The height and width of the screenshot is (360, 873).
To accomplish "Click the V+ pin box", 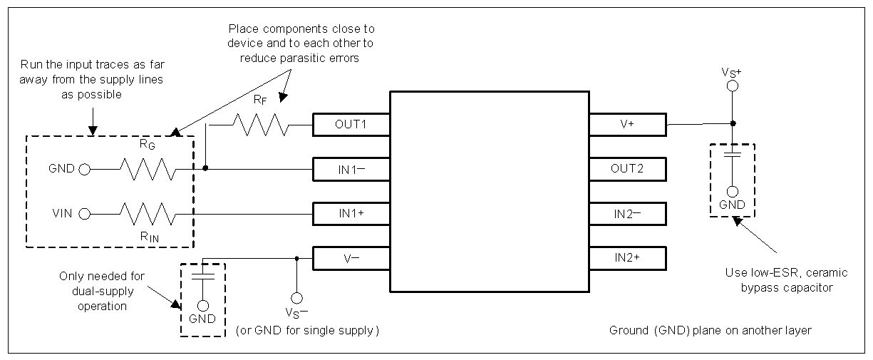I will (x=627, y=124).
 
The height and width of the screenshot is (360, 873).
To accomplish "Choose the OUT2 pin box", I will (x=627, y=169).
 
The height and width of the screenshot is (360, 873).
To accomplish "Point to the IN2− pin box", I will (x=627, y=213).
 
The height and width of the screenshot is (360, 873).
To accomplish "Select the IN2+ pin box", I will (x=627, y=257).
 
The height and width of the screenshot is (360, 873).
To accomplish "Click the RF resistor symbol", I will (x=262, y=125).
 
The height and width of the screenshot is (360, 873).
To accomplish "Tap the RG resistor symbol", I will (x=147, y=169).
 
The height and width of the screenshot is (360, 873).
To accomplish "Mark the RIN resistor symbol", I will (x=147, y=213).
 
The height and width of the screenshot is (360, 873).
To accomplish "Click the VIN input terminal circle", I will (x=85, y=213).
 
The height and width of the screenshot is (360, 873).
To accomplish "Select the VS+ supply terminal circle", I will (x=732, y=87).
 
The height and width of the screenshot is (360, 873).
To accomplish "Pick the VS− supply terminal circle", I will (x=296, y=297).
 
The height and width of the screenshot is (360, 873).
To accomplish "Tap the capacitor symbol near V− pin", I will (x=202, y=275).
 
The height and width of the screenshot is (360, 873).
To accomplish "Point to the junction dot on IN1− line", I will (x=205, y=169).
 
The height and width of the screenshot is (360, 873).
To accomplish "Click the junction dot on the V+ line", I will (x=732, y=124).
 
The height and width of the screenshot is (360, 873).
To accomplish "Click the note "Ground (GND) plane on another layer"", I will (x=710, y=331).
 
